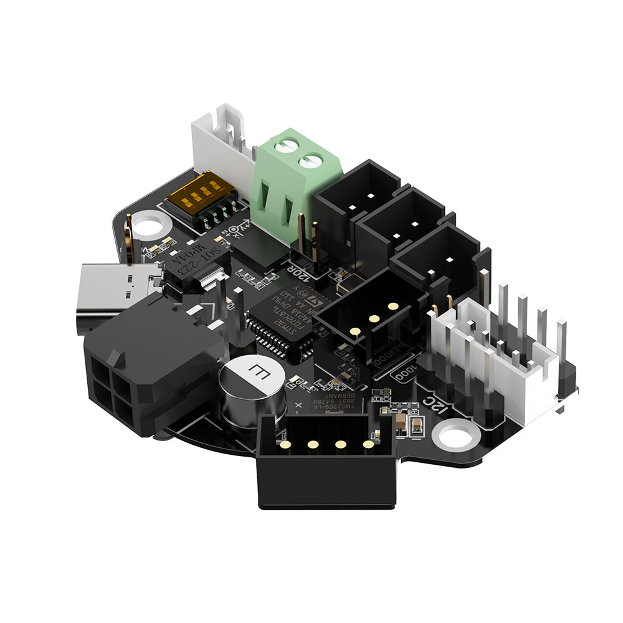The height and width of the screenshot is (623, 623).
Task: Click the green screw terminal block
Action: [x=293, y=187]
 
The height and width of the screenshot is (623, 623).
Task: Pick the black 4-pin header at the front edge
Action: [x=327, y=461]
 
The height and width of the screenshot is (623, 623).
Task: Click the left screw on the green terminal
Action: [x=287, y=146]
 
